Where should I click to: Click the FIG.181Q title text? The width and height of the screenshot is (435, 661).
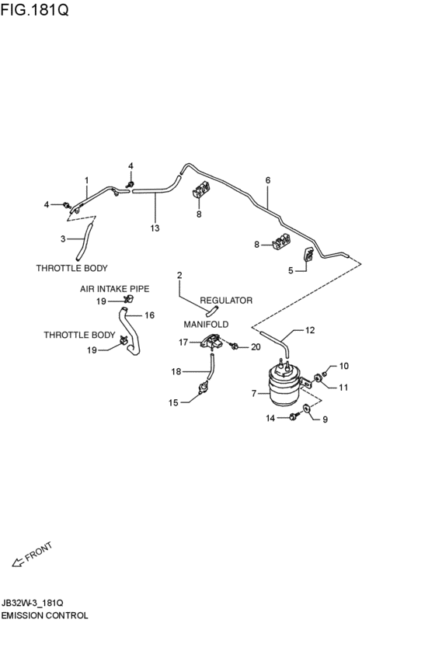[x=34, y=9]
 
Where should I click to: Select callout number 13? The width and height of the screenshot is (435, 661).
[x=155, y=228]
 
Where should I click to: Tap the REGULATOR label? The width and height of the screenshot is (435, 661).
[x=226, y=300]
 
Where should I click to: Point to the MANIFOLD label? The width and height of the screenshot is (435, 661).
[x=206, y=324]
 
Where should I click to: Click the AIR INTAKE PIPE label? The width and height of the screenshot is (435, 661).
[x=115, y=289]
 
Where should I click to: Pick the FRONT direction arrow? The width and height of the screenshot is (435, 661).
[x=18, y=562]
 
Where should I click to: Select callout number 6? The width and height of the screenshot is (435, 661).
[x=268, y=180]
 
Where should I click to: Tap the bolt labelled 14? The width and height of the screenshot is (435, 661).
[x=294, y=417]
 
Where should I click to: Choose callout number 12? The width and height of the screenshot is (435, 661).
[x=310, y=330]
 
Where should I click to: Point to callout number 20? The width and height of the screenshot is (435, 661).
[x=256, y=347]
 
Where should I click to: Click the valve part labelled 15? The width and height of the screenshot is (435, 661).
[x=204, y=387]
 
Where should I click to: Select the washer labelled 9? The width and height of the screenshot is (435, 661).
[x=307, y=408]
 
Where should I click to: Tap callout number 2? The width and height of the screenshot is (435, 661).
[x=179, y=275]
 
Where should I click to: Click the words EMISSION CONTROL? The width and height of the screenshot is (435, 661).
[x=44, y=615]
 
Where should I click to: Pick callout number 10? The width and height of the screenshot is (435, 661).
[x=344, y=366]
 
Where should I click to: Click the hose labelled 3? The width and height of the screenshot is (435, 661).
[x=84, y=242]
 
